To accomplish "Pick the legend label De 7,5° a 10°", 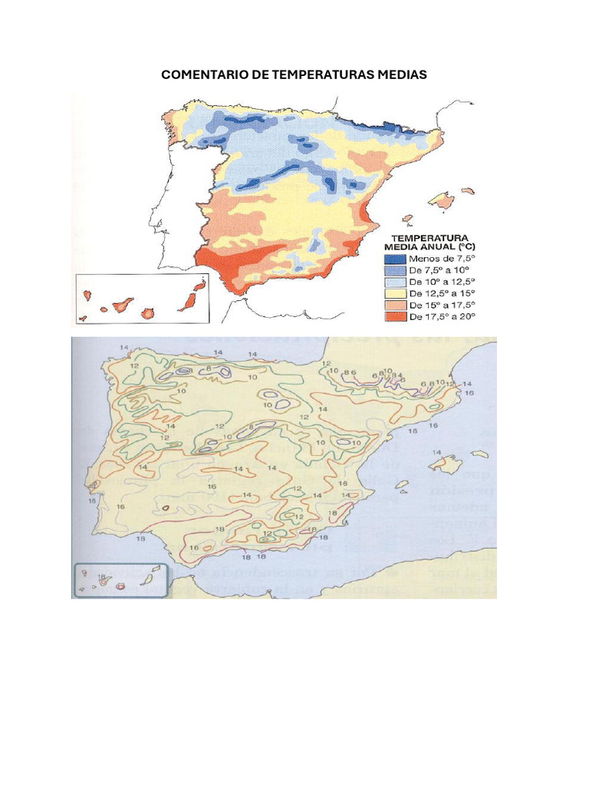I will click(x=440, y=270).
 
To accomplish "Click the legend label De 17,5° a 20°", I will click(x=443, y=316).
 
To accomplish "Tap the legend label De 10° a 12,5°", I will click(x=443, y=282).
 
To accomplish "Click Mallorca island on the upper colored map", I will click(x=442, y=201).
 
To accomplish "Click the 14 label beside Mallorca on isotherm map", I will click(x=437, y=453).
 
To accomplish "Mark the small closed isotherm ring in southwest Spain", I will click(x=164, y=508).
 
